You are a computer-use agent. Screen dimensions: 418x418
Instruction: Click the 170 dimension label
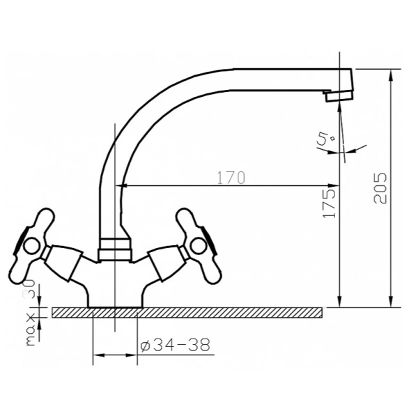tap(231, 178)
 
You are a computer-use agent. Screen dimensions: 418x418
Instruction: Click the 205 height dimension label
tap(380, 188)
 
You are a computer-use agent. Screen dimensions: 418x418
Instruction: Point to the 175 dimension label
tap(328, 203)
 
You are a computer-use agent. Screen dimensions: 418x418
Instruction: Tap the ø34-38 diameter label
tap(175, 346)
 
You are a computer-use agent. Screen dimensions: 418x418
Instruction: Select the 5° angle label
tap(325, 139)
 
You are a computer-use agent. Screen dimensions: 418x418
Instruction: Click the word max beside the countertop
tap(31, 330)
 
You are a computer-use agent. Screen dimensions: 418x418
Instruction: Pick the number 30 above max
tap(31, 288)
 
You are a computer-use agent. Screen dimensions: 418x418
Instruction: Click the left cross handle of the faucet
tap(32, 245)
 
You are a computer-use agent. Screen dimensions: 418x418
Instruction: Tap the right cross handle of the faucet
tap(199, 245)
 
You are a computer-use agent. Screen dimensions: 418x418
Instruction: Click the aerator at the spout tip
tap(339, 95)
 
